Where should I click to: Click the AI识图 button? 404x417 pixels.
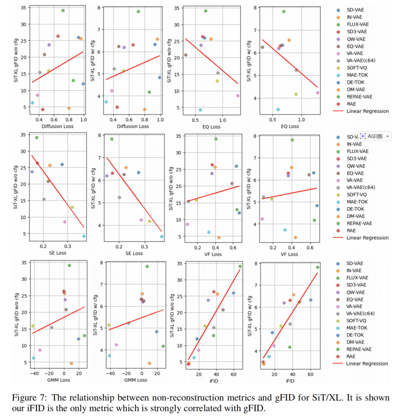tap(374, 136)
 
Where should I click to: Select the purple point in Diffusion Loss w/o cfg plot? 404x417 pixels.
tap(49, 45)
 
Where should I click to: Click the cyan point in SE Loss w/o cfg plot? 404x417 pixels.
tap(84, 236)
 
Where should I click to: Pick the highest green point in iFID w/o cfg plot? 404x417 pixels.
tap(240, 266)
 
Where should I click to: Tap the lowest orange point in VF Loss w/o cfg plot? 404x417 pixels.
tap(219, 237)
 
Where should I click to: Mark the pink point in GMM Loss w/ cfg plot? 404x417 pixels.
tap(116, 345)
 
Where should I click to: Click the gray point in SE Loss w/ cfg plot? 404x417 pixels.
tap(119, 197)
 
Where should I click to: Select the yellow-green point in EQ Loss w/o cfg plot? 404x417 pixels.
tap(217, 81)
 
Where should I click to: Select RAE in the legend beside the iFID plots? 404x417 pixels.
tap(351, 356)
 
